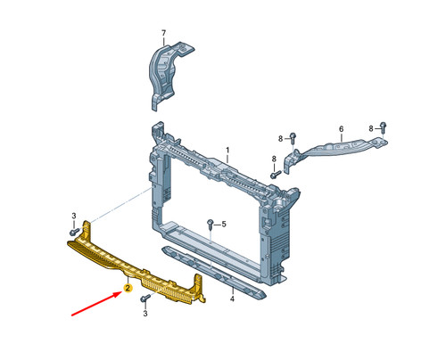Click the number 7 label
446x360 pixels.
[163, 33]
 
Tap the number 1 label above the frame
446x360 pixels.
[227, 150]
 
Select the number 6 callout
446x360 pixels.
[341, 129]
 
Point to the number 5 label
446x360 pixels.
[224, 224]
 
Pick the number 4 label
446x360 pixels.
[232, 299]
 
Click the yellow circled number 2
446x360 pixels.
[128, 288]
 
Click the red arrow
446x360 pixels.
[96, 304]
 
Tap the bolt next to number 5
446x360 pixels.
[211, 224]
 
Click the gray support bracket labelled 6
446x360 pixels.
[335, 150]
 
